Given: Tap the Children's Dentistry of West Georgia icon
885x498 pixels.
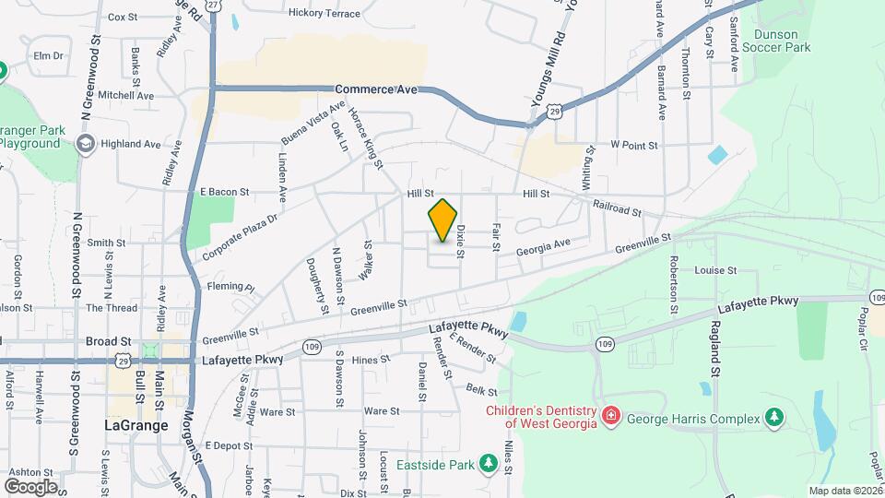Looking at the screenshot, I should coord(610,417).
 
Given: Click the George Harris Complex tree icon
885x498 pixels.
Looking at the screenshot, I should coord(775,418).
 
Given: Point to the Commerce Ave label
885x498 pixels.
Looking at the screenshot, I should coord(376,89).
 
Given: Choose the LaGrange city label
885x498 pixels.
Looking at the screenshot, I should coord(136,426).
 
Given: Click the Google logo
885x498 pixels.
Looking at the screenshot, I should coord(30,486).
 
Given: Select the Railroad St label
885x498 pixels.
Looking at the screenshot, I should coord(618,209).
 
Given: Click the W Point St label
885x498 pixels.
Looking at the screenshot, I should coord(634,145).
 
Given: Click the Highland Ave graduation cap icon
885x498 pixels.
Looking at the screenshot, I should coord(86,144).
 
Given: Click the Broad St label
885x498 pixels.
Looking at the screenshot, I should coord(103,340).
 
